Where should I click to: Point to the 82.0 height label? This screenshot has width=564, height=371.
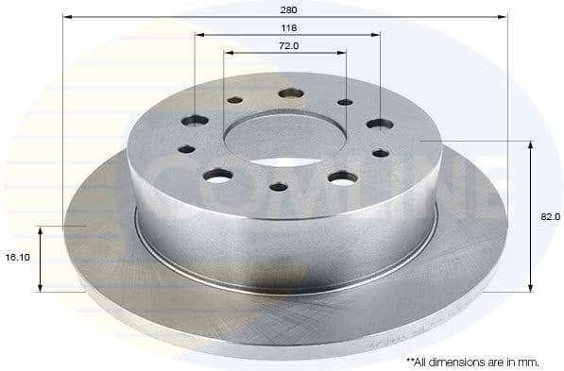tap(551, 217)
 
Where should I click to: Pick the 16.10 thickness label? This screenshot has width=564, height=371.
tap(20, 256)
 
